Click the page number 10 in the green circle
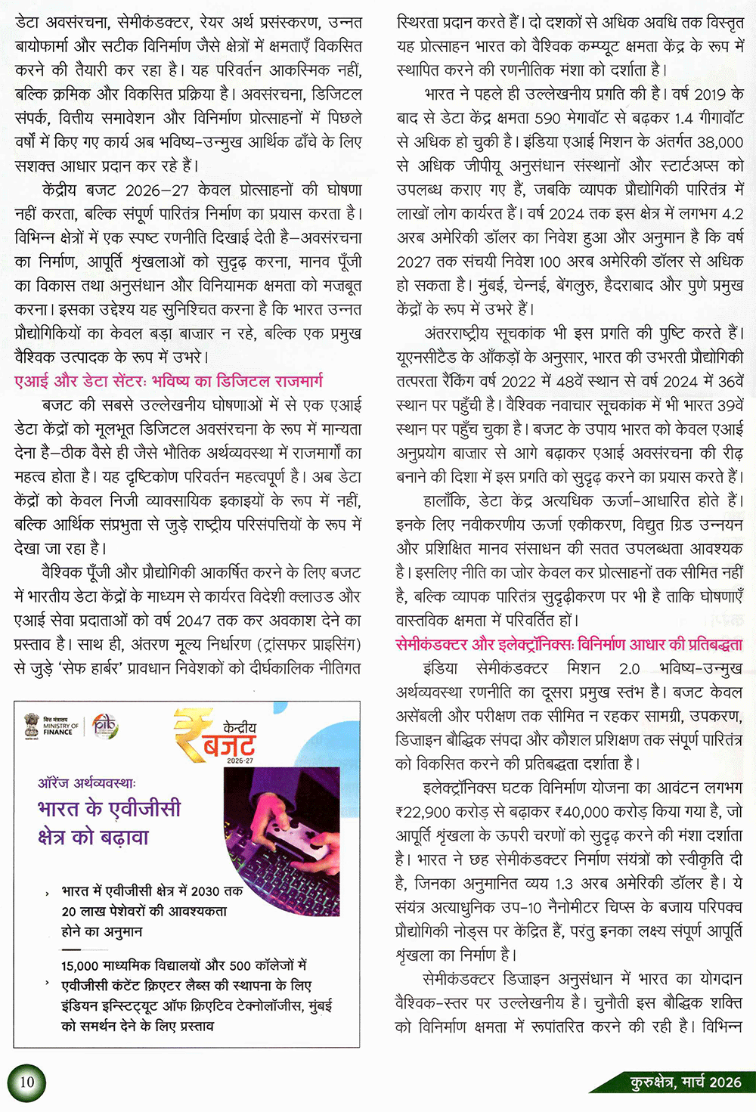[x=26, y=1082]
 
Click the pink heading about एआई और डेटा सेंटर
[x=169, y=381]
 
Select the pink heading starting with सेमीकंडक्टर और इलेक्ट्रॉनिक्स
[x=569, y=645]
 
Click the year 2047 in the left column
[x=194, y=621]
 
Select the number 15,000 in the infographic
[x=80, y=966]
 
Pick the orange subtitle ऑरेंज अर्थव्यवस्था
[x=87, y=783]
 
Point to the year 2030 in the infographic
[x=206, y=891]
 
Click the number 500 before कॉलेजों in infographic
[x=240, y=966]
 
